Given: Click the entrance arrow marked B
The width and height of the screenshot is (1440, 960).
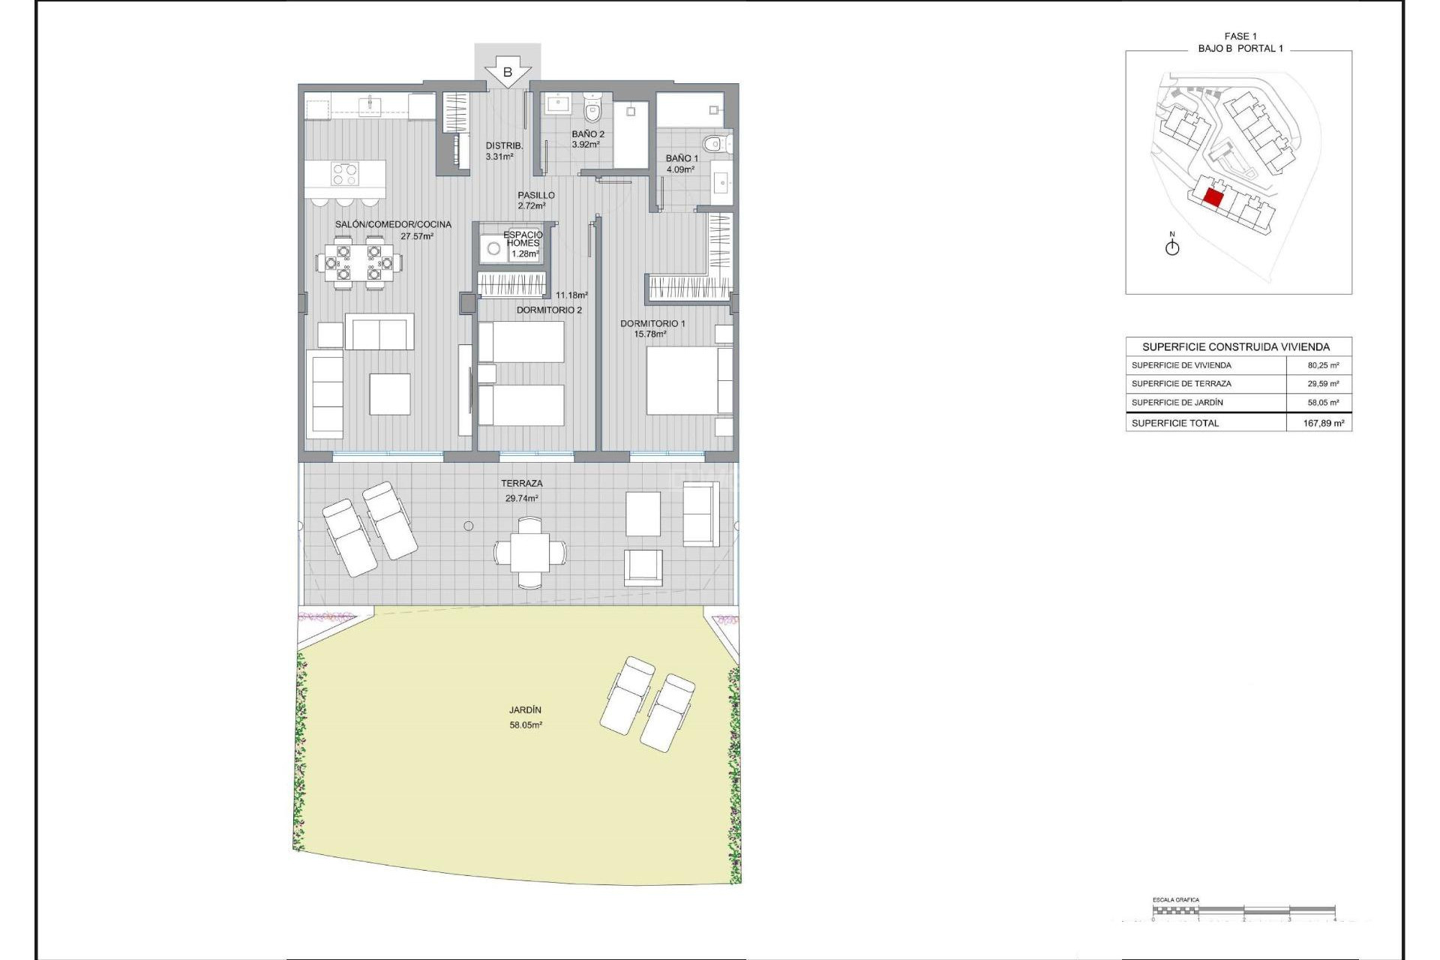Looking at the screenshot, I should coord(508,73).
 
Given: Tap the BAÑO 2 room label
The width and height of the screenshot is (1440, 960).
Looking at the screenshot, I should coord(588,134).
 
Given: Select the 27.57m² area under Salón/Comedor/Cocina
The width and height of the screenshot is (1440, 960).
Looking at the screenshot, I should coord(417,236).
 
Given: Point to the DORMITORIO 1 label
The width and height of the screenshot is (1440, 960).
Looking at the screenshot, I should coord(652,323).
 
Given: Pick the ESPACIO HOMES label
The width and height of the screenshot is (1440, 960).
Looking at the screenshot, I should coord(523,239).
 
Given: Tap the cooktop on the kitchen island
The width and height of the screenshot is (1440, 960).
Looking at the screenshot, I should coord(345,174).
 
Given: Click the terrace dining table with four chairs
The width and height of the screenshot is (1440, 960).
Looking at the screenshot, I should coord(530,553).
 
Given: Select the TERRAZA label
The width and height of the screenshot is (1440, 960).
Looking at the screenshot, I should coord(521,484).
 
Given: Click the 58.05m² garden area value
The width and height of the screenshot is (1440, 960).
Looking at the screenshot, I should coord(526,725).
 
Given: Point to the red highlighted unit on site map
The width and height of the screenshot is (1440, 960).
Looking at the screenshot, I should coord(1213,199).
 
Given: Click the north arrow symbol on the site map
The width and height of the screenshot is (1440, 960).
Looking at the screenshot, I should coord(1172,247).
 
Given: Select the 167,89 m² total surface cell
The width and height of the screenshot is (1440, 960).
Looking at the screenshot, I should coord(1323,423).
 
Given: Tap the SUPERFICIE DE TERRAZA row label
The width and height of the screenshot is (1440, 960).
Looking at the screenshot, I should coord(1181,383).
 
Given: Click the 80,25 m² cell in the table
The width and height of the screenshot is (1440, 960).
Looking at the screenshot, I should coord(1323,365).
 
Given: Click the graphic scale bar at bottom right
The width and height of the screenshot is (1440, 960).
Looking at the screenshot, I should coord(1243,910).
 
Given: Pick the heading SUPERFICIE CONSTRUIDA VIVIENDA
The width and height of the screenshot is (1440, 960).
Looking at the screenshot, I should coord(1236,346).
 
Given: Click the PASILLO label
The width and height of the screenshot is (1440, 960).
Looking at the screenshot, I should coord(536,195).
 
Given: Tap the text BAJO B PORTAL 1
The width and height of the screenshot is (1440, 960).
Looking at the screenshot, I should coord(1240,48).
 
